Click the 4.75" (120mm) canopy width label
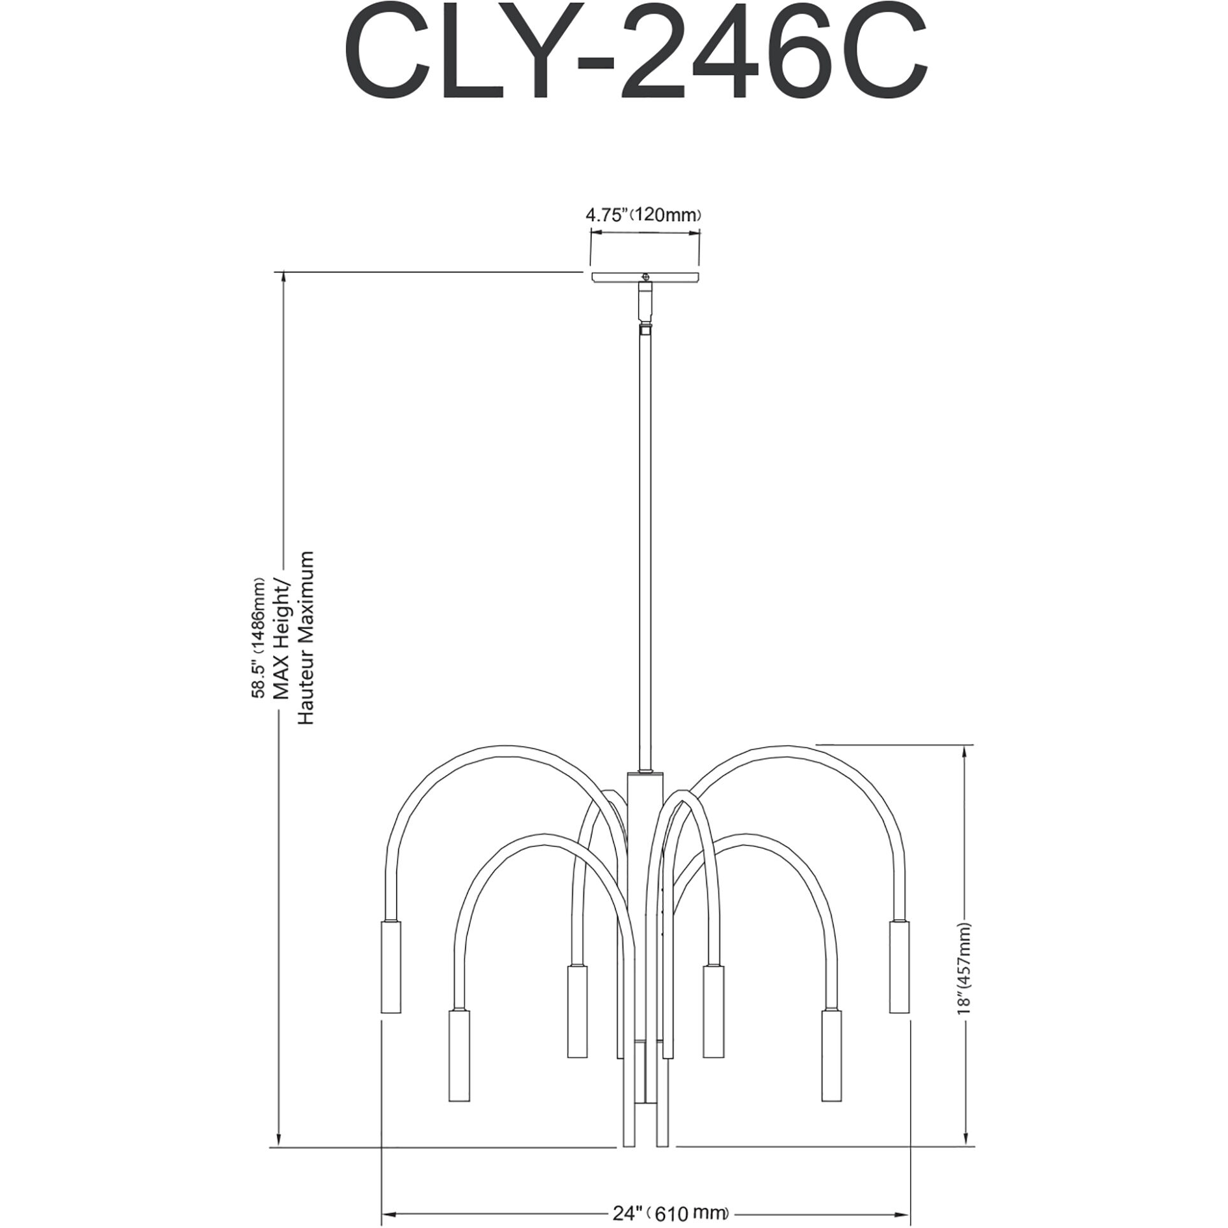(643, 215)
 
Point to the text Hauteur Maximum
(306, 638)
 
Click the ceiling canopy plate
(645, 278)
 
